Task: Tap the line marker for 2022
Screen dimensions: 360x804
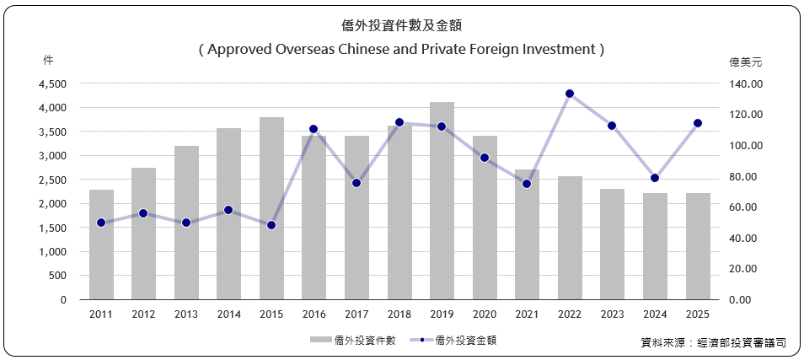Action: point(570,94)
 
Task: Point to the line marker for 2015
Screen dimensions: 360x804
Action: point(271,225)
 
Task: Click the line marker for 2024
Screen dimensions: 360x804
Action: point(655,178)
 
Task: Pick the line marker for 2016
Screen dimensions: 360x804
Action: point(314,129)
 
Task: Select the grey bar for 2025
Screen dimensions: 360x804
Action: point(698,246)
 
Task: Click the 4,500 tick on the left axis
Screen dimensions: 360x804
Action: point(52,84)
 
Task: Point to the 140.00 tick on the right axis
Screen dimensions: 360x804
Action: point(745,84)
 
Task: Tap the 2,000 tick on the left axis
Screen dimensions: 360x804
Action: point(52,204)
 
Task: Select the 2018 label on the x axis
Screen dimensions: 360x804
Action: point(399,314)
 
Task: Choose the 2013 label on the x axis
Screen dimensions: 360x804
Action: point(186,314)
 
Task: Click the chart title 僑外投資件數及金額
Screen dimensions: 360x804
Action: point(402,26)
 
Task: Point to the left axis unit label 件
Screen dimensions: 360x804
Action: point(48,61)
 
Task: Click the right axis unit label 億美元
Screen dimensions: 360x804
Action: point(745,62)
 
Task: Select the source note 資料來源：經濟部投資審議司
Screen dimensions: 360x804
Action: point(713,342)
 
